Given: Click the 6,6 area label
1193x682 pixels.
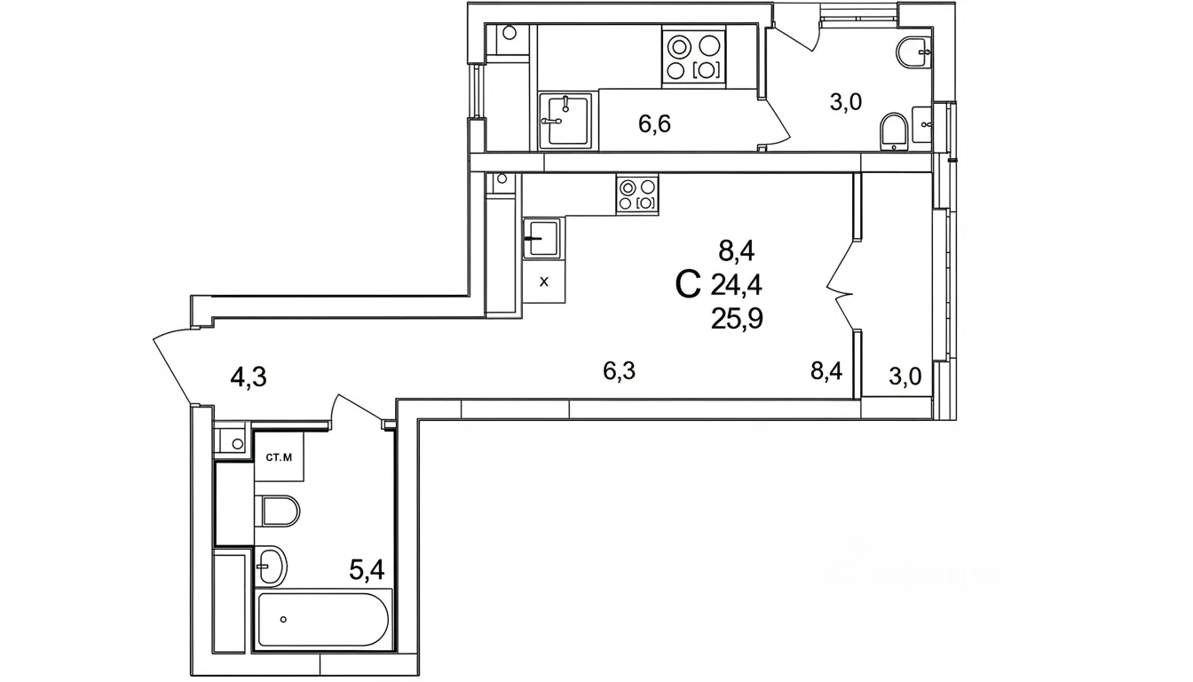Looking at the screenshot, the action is [654, 123].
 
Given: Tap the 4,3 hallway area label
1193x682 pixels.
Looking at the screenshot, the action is [249, 377].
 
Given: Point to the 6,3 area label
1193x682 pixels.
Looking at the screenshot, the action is [620, 370].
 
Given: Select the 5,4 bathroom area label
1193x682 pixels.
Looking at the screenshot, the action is [367, 570].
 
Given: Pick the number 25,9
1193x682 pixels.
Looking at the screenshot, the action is [738, 319].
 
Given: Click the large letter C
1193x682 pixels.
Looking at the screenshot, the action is [688, 285].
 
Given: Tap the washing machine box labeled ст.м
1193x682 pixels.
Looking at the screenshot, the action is [279, 456].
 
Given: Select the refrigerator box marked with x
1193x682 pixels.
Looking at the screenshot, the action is [544, 282].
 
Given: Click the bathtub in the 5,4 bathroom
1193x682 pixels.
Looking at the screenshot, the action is [324, 619].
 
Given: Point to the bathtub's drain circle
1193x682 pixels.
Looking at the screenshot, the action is [283, 619].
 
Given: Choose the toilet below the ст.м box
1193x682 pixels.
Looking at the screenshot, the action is [278, 511].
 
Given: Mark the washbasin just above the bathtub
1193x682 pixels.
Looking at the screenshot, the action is [271, 565].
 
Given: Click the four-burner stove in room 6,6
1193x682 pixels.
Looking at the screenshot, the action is [693, 58].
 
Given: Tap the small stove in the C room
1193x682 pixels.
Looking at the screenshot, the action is [637, 194].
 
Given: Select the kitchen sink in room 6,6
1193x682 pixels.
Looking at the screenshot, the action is [565, 121].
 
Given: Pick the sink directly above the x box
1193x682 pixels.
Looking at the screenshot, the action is [542, 238].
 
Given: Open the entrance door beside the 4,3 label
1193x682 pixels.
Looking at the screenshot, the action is [172, 367].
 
